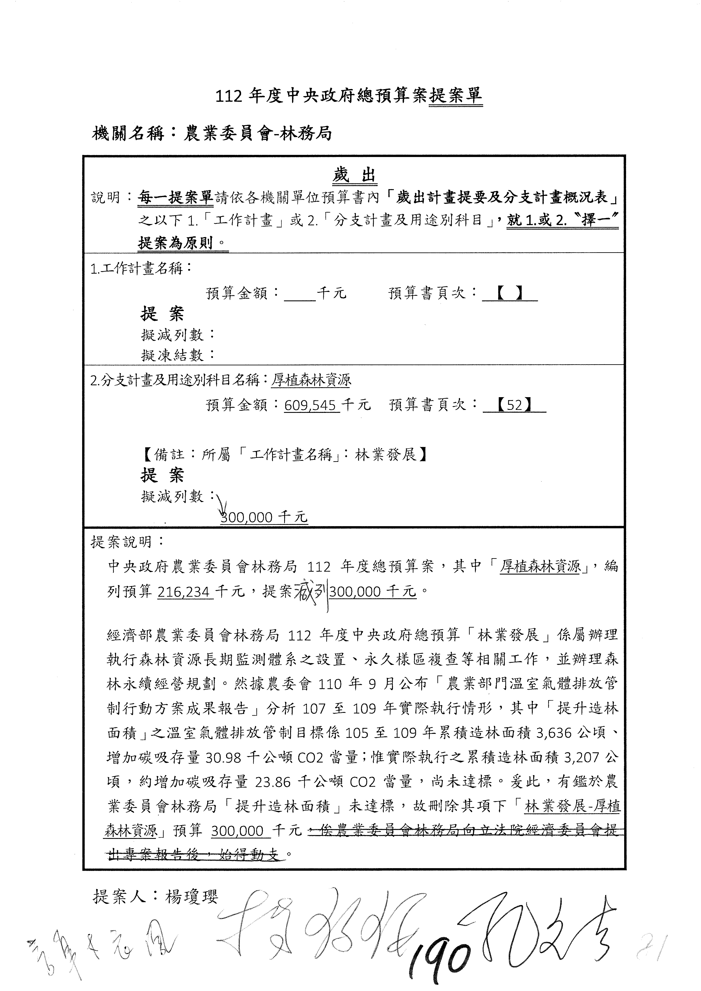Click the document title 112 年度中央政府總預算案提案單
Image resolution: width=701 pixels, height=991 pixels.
(349, 96)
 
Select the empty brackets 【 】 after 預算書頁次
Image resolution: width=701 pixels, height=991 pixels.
(509, 293)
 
